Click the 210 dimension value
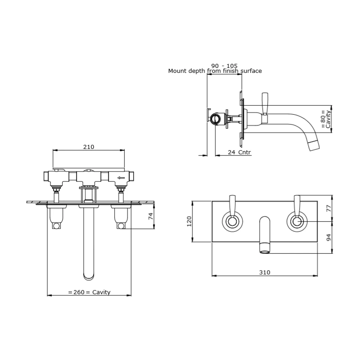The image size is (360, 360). tap(89, 147)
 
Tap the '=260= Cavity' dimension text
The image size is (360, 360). tap(89, 292)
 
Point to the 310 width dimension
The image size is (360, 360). tap(265, 272)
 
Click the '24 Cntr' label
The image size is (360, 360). tap(239, 153)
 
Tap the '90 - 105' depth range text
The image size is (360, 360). tap(224, 65)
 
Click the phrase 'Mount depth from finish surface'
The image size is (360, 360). tap(215, 71)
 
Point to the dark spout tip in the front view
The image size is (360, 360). tap(265, 248)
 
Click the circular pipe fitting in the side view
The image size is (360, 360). tap(216, 119)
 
